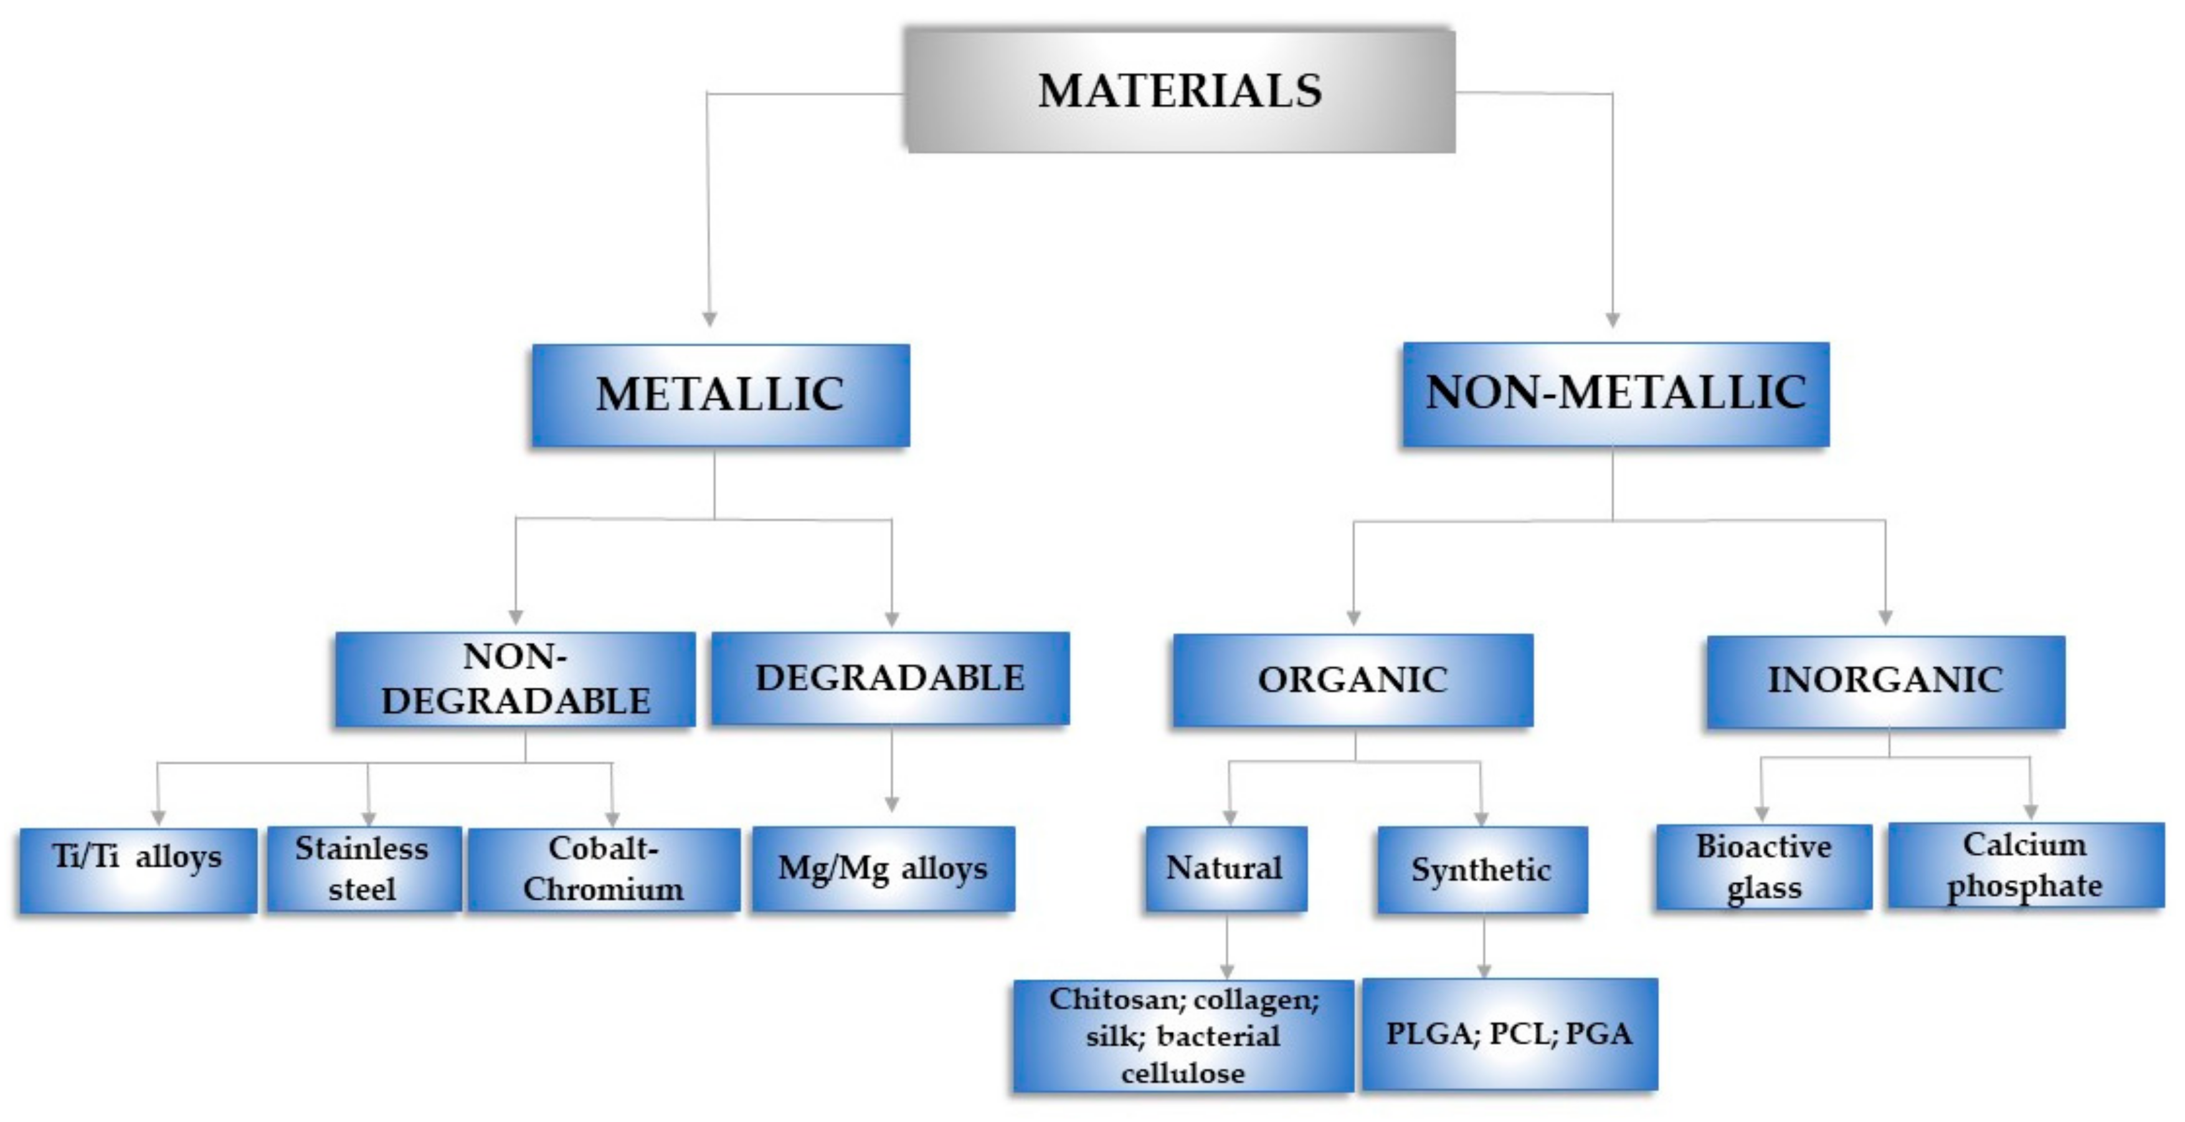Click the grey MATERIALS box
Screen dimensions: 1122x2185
pyautogui.click(x=1180, y=91)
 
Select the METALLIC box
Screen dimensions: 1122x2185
pyautogui.click(x=720, y=395)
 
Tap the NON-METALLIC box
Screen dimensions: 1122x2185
pyautogui.click(x=1615, y=394)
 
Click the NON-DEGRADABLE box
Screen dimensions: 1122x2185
pyautogui.click(x=515, y=679)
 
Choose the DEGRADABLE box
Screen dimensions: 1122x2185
pyautogui.click(x=890, y=678)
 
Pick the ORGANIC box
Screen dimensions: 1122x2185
pyautogui.click(x=1352, y=680)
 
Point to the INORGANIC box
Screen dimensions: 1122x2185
pyautogui.click(x=1885, y=681)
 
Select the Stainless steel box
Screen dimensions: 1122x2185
pyautogui.click(x=363, y=869)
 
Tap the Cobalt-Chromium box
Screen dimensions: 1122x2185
pyautogui.click(x=603, y=869)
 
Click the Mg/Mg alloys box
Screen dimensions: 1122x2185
pyautogui.click(x=883, y=869)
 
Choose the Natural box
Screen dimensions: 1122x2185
pyautogui.click(x=1225, y=868)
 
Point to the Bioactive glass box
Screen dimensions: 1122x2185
pyautogui.click(x=1763, y=866)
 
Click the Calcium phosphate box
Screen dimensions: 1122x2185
pyautogui.click(x=2025, y=865)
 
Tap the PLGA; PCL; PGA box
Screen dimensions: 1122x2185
pyautogui.click(x=1509, y=1033)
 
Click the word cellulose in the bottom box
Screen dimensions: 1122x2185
pyautogui.click(x=1182, y=1073)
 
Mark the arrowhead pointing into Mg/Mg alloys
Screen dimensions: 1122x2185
pyautogui.click(x=891, y=803)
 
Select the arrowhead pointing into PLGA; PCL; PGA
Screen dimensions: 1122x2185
pyautogui.click(x=1484, y=969)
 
